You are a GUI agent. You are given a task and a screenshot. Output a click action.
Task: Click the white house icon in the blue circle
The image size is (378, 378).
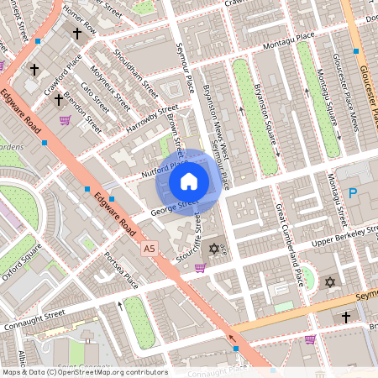(189, 181)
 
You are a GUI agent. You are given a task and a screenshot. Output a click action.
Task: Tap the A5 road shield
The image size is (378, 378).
(150, 249)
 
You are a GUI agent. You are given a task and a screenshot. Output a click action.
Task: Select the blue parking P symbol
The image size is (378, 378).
(354, 193)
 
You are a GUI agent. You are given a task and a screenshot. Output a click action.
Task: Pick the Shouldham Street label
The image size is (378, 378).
(138, 78)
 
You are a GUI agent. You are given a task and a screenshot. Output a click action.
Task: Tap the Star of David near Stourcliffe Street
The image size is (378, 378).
(213, 249)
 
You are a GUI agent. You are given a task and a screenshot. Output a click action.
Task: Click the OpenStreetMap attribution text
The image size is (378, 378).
(84, 372)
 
